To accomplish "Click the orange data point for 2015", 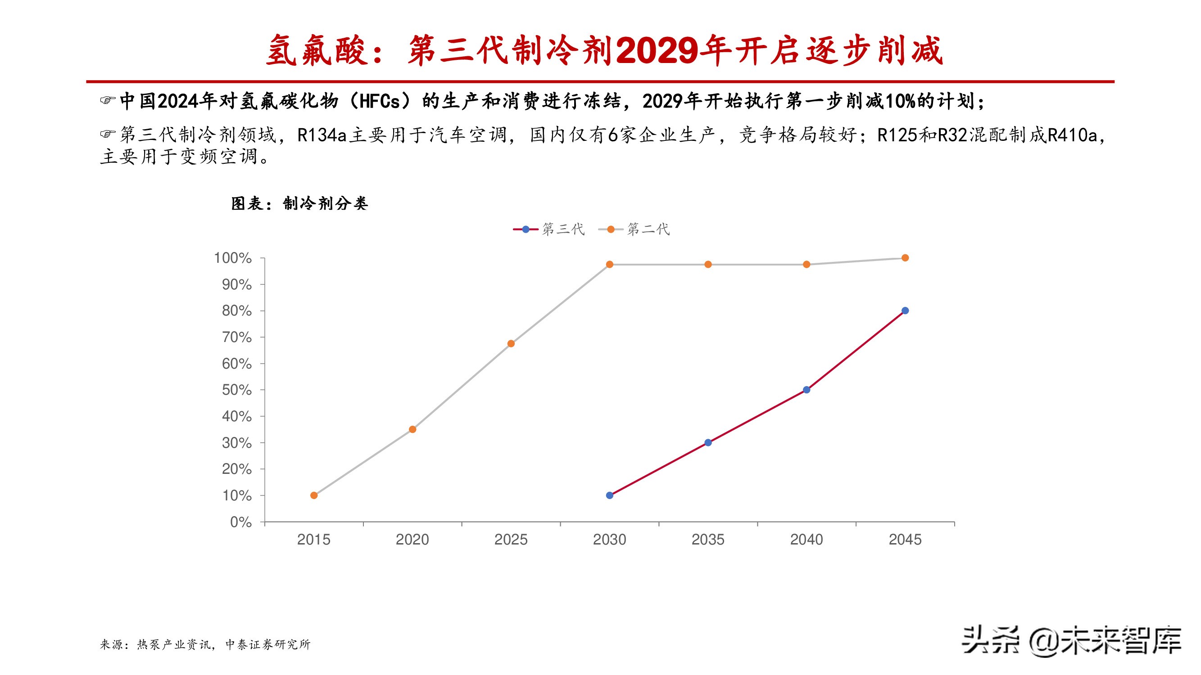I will pyautogui.click(x=314, y=495).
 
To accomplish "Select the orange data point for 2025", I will pyautogui.click(x=511, y=343).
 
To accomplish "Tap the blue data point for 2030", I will pyautogui.click(x=609, y=495).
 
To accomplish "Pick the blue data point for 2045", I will pyautogui.click(x=905, y=310).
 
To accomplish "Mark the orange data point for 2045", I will pyautogui.click(x=905, y=257).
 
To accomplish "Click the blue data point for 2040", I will pyautogui.click(x=807, y=389).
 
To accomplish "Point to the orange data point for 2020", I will pyautogui.click(x=412, y=429).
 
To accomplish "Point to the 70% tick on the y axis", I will pyautogui.click(x=237, y=337).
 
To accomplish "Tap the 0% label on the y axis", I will pyautogui.click(x=240, y=522).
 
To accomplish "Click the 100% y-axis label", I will pyautogui.click(x=233, y=257).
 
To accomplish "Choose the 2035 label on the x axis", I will pyautogui.click(x=708, y=540).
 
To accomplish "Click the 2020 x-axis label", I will pyautogui.click(x=412, y=540).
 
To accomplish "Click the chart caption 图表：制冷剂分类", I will pyautogui.click(x=299, y=203).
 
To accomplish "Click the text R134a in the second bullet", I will pyautogui.click(x=322, y=135).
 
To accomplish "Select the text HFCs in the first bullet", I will pyautogui.click(x=380, y=101).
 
